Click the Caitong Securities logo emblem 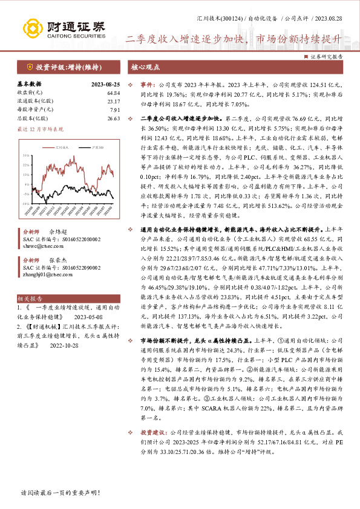tap(33, 28)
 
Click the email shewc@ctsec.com tap(39, 246)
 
